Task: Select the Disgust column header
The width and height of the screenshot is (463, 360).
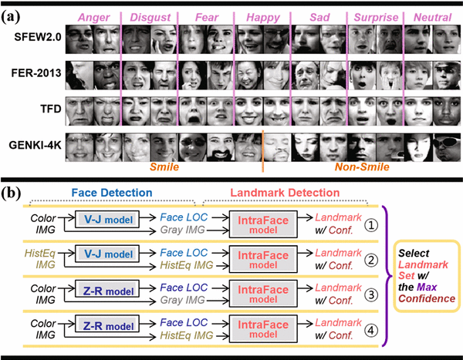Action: [x=147, y=16]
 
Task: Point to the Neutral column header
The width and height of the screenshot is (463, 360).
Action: [x=432, y=16]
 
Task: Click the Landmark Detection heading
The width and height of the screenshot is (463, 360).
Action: [x=281, y=193]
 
